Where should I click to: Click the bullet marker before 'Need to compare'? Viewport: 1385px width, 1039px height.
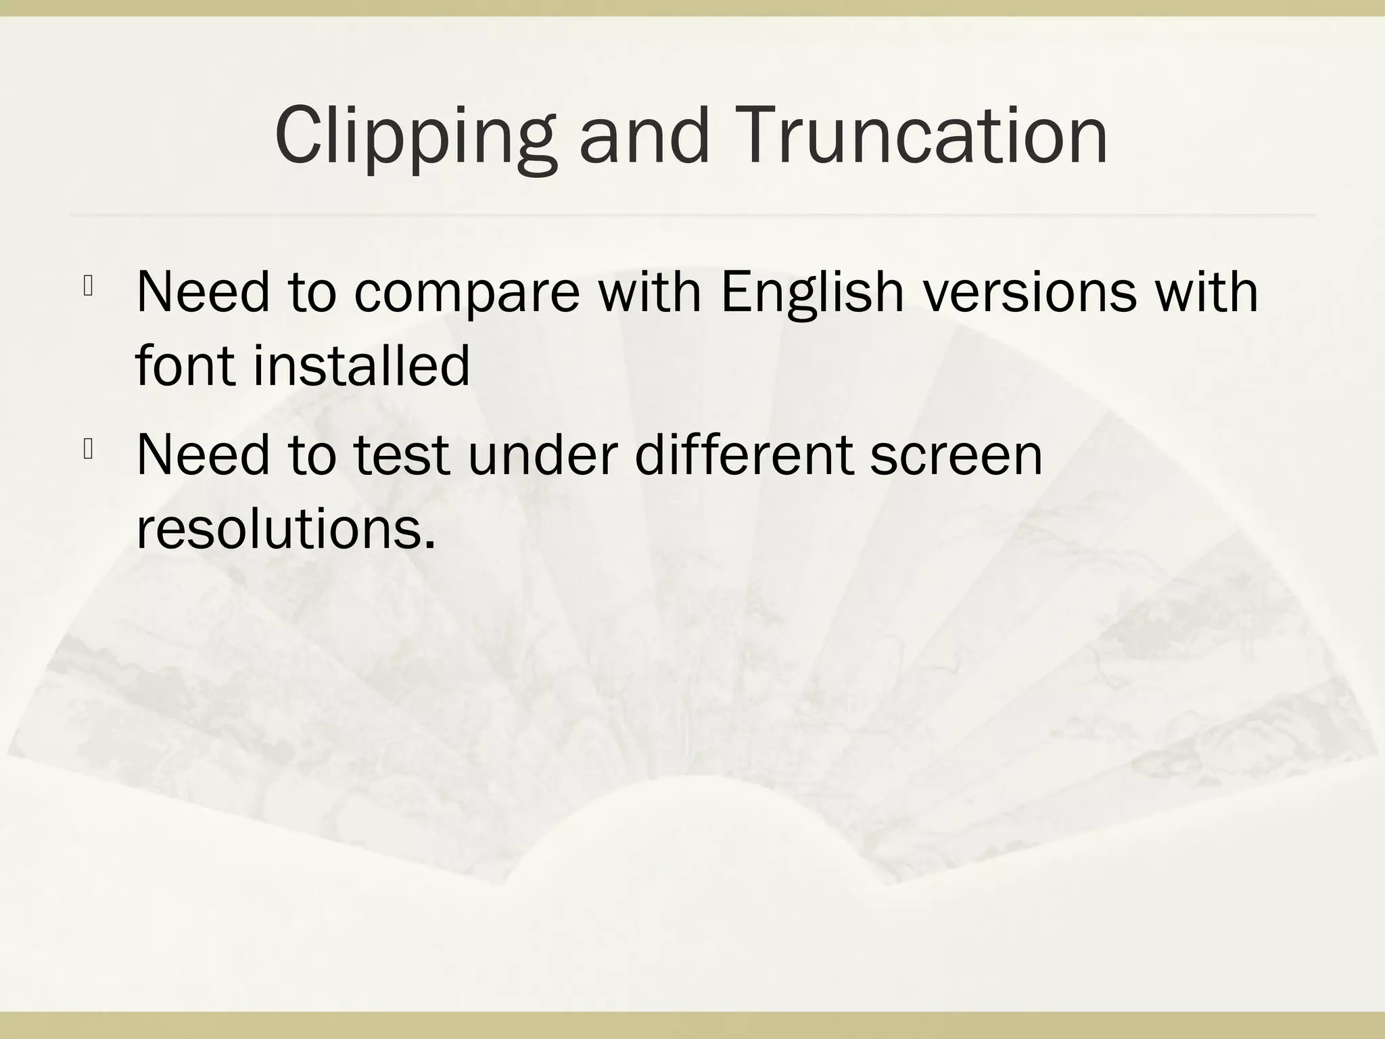coord(88,287)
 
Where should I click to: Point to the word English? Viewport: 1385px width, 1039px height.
coord(812,294)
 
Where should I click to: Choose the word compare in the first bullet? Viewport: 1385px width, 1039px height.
coord(467,294)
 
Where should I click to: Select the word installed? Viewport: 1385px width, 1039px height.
coord(361,365)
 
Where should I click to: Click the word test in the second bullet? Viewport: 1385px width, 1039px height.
coord(401,455)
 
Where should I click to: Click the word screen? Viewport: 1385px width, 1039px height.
coord(956,456)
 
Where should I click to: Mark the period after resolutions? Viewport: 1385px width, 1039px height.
coord(429,545)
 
